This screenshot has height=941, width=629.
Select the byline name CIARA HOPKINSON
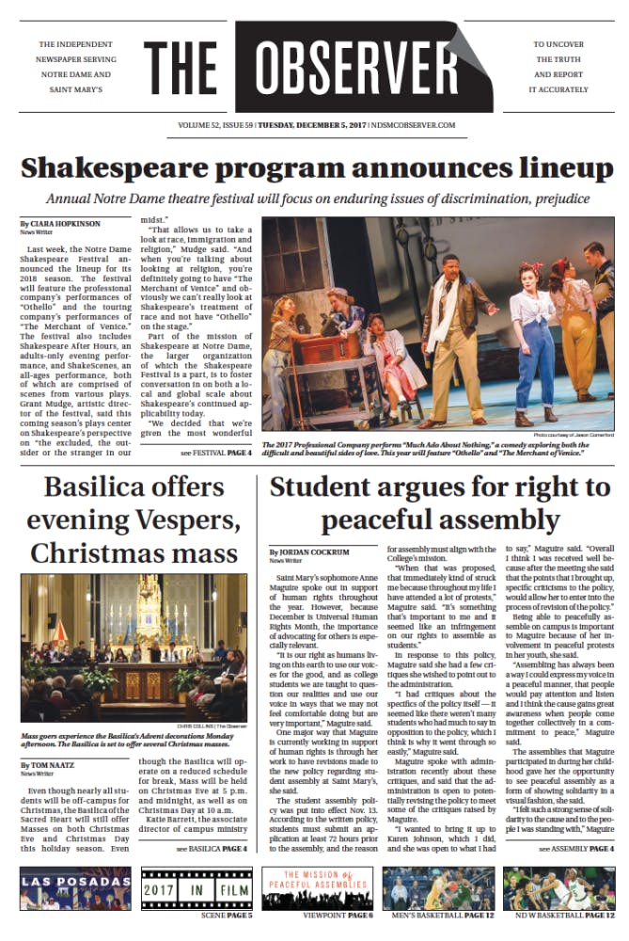pyautogui.click(x=64, y=222)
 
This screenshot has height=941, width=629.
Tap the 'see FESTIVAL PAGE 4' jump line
pyautogui.click(x=215, y=453)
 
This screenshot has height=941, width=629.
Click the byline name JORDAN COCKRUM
pyautogui.click(x=307, y=551)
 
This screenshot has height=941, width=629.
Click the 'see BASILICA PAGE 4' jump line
pyautogui.click(x=212, y=848)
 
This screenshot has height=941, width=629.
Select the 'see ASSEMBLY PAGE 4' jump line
pyautogui.click(x=576, y=848)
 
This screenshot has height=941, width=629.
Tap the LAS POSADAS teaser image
pyautogui.click(x=76, y=887)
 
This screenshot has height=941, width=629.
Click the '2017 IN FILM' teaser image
pyautogui.click(x=196, y=887)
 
